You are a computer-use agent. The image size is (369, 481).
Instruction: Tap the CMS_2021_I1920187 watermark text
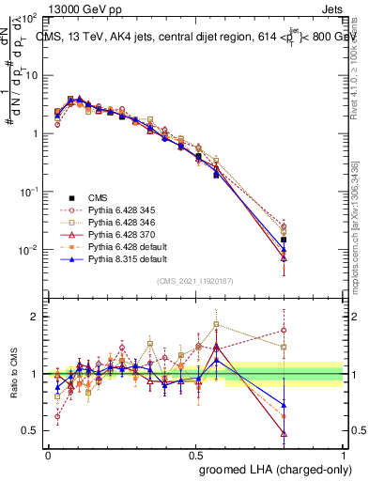click(x=195, y=281)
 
